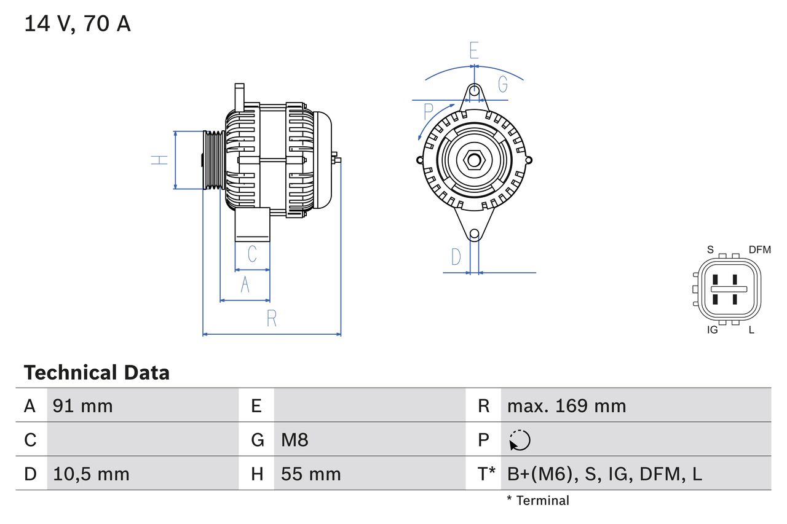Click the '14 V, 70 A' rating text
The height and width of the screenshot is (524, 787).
(x=77, y=24)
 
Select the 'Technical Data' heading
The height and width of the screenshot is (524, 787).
(x=97, y=373)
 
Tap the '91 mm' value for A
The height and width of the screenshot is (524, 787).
(x=82, y=406)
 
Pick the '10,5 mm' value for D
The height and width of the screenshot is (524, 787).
(x=91, y=474)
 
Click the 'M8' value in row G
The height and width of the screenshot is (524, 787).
(x=295, y=440)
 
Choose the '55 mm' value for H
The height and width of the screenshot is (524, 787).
(x=310, y=474)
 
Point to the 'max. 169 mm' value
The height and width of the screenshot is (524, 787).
(x=566, y=406)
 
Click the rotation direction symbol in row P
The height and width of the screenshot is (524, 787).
(x=520, y=440)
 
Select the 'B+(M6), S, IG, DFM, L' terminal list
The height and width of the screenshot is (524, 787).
(x=604, y=474)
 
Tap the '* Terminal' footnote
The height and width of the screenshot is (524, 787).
(x=538, y=501)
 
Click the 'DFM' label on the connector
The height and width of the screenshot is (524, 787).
(x=759, y=249)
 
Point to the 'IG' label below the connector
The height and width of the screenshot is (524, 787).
(x=712, y=330)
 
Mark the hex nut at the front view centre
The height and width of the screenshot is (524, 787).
(x=473, y=160)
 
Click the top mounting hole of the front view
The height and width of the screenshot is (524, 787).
(x=474, y=92)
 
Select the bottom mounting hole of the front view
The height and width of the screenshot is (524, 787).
(x=474, y=234)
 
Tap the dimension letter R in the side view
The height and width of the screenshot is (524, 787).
(x=272, y=318)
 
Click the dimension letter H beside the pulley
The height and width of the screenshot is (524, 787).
(x=160, y=160)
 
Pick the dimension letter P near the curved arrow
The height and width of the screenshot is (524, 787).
(x=429, y=112)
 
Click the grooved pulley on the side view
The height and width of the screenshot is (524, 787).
(x=213, y=160)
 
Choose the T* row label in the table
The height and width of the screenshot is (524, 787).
(x=486, y=474)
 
